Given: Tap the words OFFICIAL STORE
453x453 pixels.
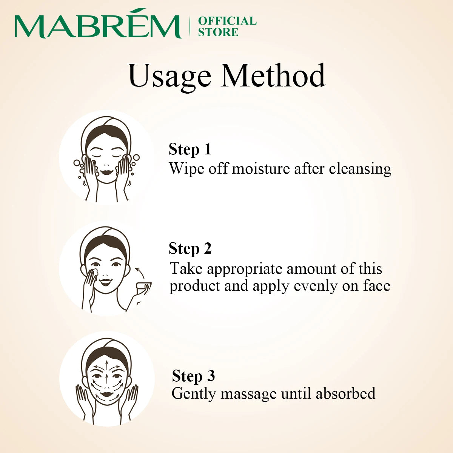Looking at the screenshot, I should pos(227,26).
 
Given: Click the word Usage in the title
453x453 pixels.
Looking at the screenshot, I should pos(169,77).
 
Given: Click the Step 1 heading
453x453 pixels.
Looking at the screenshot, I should pos(190,149).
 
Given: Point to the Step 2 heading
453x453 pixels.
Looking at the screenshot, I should pos(190,249).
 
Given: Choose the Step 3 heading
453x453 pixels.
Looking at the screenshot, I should pos(193,376).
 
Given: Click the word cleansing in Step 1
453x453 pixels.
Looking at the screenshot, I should pos(360,169).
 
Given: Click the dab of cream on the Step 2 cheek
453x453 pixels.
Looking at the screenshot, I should pos(94,273).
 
